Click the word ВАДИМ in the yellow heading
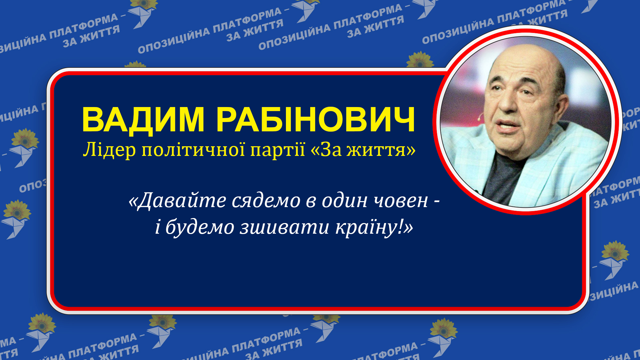tap(143, 120)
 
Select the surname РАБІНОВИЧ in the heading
tap(316, 120)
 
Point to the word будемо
tap(200, 228)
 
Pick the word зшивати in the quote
tap(285, 228)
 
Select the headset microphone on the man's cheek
tap(480, 117)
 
